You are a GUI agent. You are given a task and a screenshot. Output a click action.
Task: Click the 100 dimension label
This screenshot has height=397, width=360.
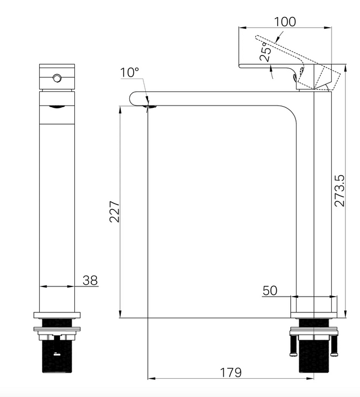click(x=285, y=22)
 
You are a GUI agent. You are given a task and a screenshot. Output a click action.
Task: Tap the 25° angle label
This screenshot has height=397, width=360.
click(x=266, y=52)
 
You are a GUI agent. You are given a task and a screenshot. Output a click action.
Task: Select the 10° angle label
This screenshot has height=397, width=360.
click(x=129, y=73)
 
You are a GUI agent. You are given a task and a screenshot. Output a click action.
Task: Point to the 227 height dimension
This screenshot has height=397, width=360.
click(x=114, y=212)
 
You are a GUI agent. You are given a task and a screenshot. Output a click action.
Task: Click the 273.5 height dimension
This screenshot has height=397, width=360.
click(x=340, y=191)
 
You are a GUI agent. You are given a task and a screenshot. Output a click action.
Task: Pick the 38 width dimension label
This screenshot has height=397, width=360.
click(x=90, y=280)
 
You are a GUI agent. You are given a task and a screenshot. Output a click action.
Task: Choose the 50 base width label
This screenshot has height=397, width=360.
click(x=270, y=290)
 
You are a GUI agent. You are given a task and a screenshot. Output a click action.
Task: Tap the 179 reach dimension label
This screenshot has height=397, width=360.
click(x=231, y=373)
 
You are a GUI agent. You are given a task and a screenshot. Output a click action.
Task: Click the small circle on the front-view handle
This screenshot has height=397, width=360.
click(x=57, y=78)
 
